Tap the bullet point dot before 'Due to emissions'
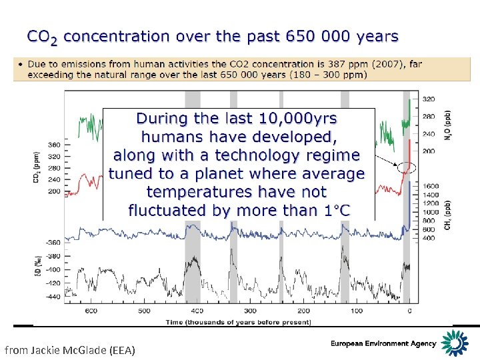pos(21,65)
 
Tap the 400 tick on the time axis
pos(197,310)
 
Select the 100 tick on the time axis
pos(356,310)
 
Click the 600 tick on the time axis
pos(91,310)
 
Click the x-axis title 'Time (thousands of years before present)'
pos(238,322)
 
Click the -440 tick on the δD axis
pos(53,297)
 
